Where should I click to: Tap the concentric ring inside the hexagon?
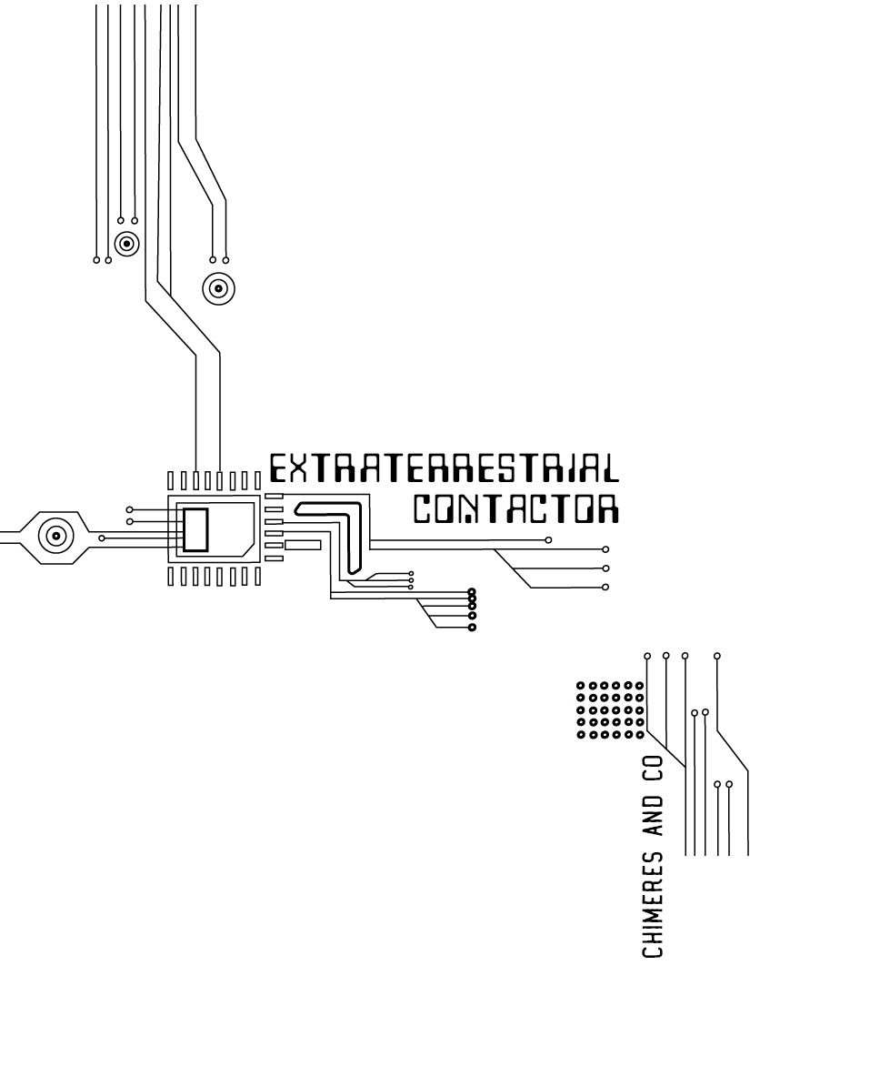click(56, 536)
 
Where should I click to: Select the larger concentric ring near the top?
click(217, 289)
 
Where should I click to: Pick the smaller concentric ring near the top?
click(126, 244)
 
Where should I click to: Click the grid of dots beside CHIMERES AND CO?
click(611, 709)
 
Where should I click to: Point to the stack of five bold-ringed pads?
click(472, 609)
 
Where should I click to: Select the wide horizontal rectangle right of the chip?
click(303, 545)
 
